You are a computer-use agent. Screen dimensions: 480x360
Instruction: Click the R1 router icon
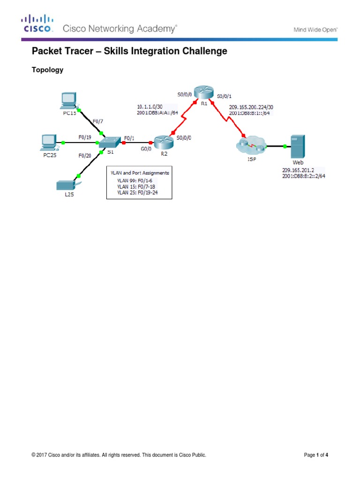click(204, 93)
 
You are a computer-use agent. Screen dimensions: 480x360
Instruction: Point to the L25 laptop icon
click(66, 184)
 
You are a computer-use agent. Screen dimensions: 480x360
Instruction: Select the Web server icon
click(298, 147)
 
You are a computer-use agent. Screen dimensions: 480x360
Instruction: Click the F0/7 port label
click(97, 121)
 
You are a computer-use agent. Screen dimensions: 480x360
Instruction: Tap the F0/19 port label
click(85, 137)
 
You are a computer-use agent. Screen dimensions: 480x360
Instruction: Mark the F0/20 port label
click(85, 155)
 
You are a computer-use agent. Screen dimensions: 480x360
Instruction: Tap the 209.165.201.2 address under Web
click(298, 170)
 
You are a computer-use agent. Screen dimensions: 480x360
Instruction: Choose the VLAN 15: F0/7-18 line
click(137, 186)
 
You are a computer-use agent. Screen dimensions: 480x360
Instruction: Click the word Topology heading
click(47, 70)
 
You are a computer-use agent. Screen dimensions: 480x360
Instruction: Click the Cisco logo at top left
click(37, 23)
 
